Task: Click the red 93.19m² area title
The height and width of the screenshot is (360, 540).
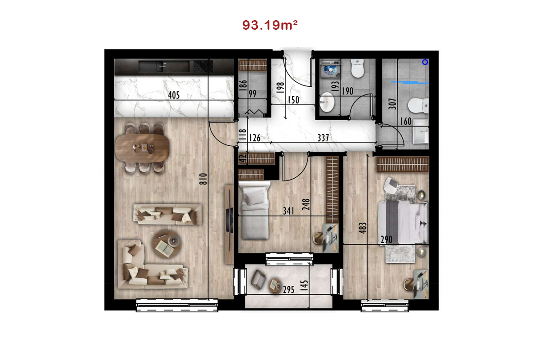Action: pyautogui.click(x=270, y=25)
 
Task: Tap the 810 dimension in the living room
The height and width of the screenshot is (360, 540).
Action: pyautogui.click(x=203, y=179)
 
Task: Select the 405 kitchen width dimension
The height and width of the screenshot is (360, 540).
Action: pyautogui.click(x=174, y=95)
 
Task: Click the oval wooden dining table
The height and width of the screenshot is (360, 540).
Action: pyautogui.click(x=142, y=148)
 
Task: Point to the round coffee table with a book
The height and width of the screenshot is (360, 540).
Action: pyautogui.click(x=166, y=244)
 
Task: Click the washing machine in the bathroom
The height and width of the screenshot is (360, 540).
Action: pyautogui.click(x=330, y=69)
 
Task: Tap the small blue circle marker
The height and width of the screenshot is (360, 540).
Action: pyautogui.click(x=425, y=62)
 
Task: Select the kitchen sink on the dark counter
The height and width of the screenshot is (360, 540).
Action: pyautogui.click(x=164, y=67)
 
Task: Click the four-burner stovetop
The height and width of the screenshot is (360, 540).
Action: pyautogui.click(x=203, y=67)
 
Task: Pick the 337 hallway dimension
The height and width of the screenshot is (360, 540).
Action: pyautogui.click(x=323, y=138)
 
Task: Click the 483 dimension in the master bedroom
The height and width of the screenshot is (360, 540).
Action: pyautogui.click(x=363, y=228)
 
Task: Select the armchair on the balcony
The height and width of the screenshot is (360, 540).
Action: pyautogui.click(x=258, y=279)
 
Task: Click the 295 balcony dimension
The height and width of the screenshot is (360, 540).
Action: pyautogui.click(x=288, y=289)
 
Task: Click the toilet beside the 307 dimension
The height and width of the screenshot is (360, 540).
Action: pyautogui.click(x=418, y=105)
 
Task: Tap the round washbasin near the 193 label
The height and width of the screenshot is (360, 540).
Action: pyautogui.click(x=327, y=102)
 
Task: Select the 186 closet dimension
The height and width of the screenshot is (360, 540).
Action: pyautogui.click(x=243, y=85)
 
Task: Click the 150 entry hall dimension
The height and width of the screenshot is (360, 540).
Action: pyautogui.click(x=293, y=100)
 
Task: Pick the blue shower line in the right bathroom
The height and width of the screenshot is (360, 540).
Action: pyautogui.click(x=410, y=82)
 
